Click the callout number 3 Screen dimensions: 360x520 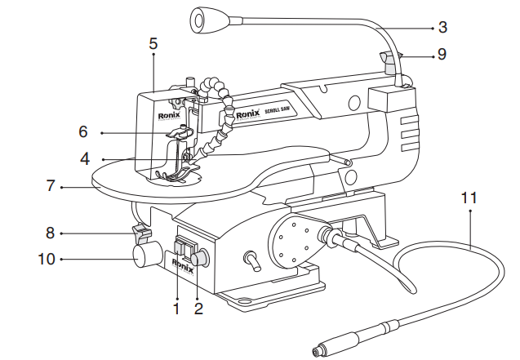[442, 27]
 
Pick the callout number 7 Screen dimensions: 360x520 [50, 185]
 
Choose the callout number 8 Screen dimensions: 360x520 [50, 233]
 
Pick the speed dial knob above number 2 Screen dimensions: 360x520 [200, 258]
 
